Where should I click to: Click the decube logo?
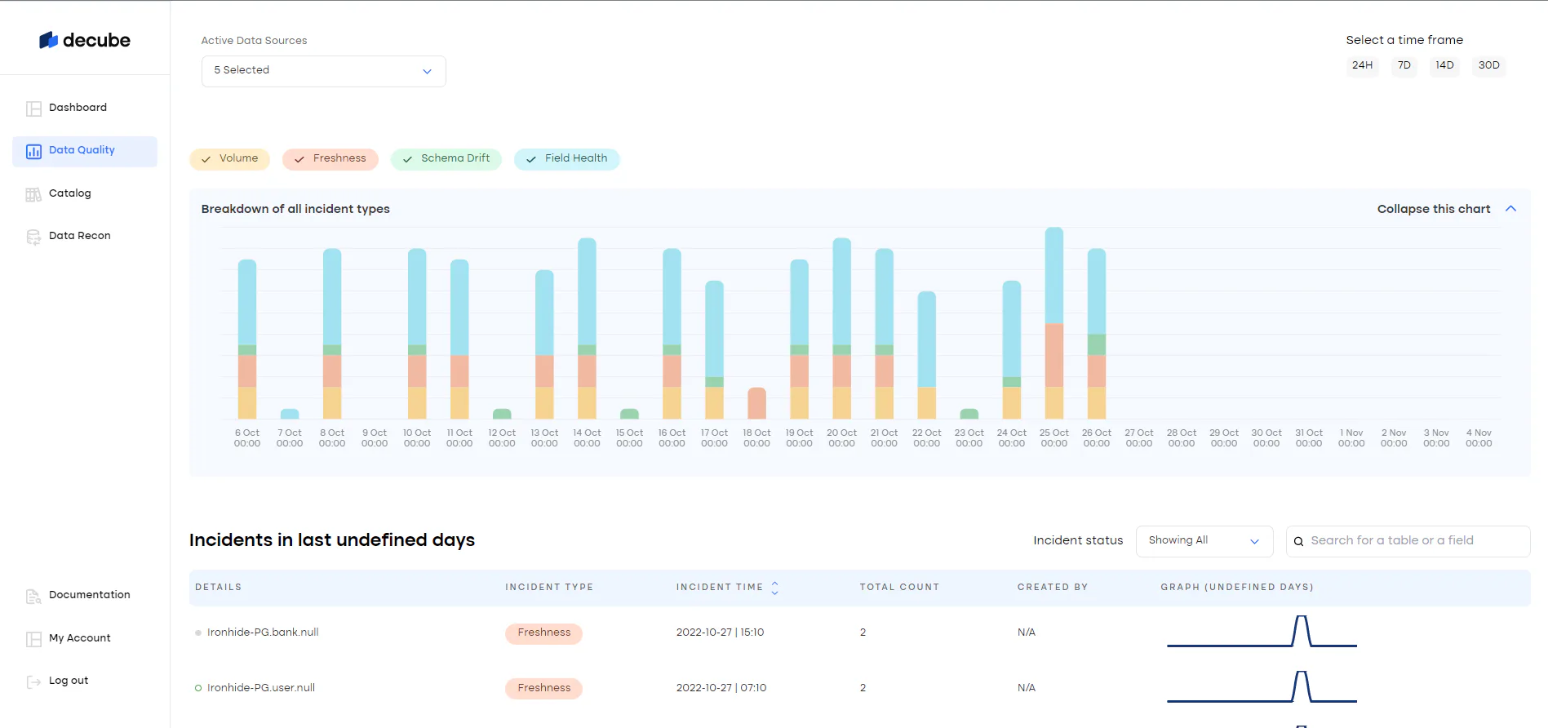point(85,40)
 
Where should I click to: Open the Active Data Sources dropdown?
point(323,71)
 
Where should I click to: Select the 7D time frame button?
point(1404,65)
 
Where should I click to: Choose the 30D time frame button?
point(1488,65)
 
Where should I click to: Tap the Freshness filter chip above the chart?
point(330,158)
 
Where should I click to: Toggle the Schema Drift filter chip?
point(446,158)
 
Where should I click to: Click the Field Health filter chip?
point(567,158)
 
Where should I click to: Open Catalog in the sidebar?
point(69,193)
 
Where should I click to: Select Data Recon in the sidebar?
point(79,236)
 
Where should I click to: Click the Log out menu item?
point(68,681)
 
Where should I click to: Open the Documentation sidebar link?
point(89,595)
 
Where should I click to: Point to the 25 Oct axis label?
point(1053,438)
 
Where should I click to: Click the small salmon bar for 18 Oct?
point(756,403)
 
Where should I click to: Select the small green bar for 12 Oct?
point(502,414)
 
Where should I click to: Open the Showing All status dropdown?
point(1204,541)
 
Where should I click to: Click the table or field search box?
point(1408,541)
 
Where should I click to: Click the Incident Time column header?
point(720,588)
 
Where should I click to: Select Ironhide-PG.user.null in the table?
point(261,688)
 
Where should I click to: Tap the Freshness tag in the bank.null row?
point(543,633)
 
